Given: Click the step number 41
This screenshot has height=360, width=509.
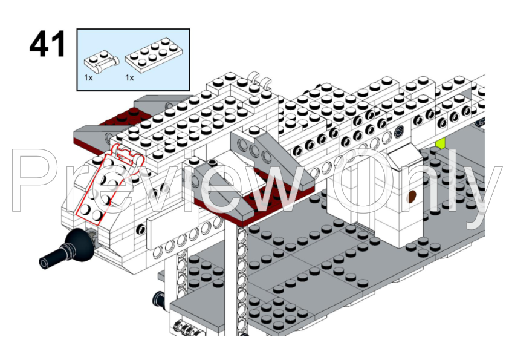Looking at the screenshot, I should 47,45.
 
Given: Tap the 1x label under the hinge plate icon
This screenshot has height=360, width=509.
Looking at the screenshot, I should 88,78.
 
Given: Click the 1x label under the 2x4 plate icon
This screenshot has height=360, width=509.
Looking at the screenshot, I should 129,78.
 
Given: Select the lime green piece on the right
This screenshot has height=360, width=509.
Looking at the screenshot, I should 441,143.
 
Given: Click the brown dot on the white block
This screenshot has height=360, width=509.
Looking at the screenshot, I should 413,195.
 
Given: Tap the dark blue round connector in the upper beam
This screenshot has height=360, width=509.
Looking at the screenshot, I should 398,133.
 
